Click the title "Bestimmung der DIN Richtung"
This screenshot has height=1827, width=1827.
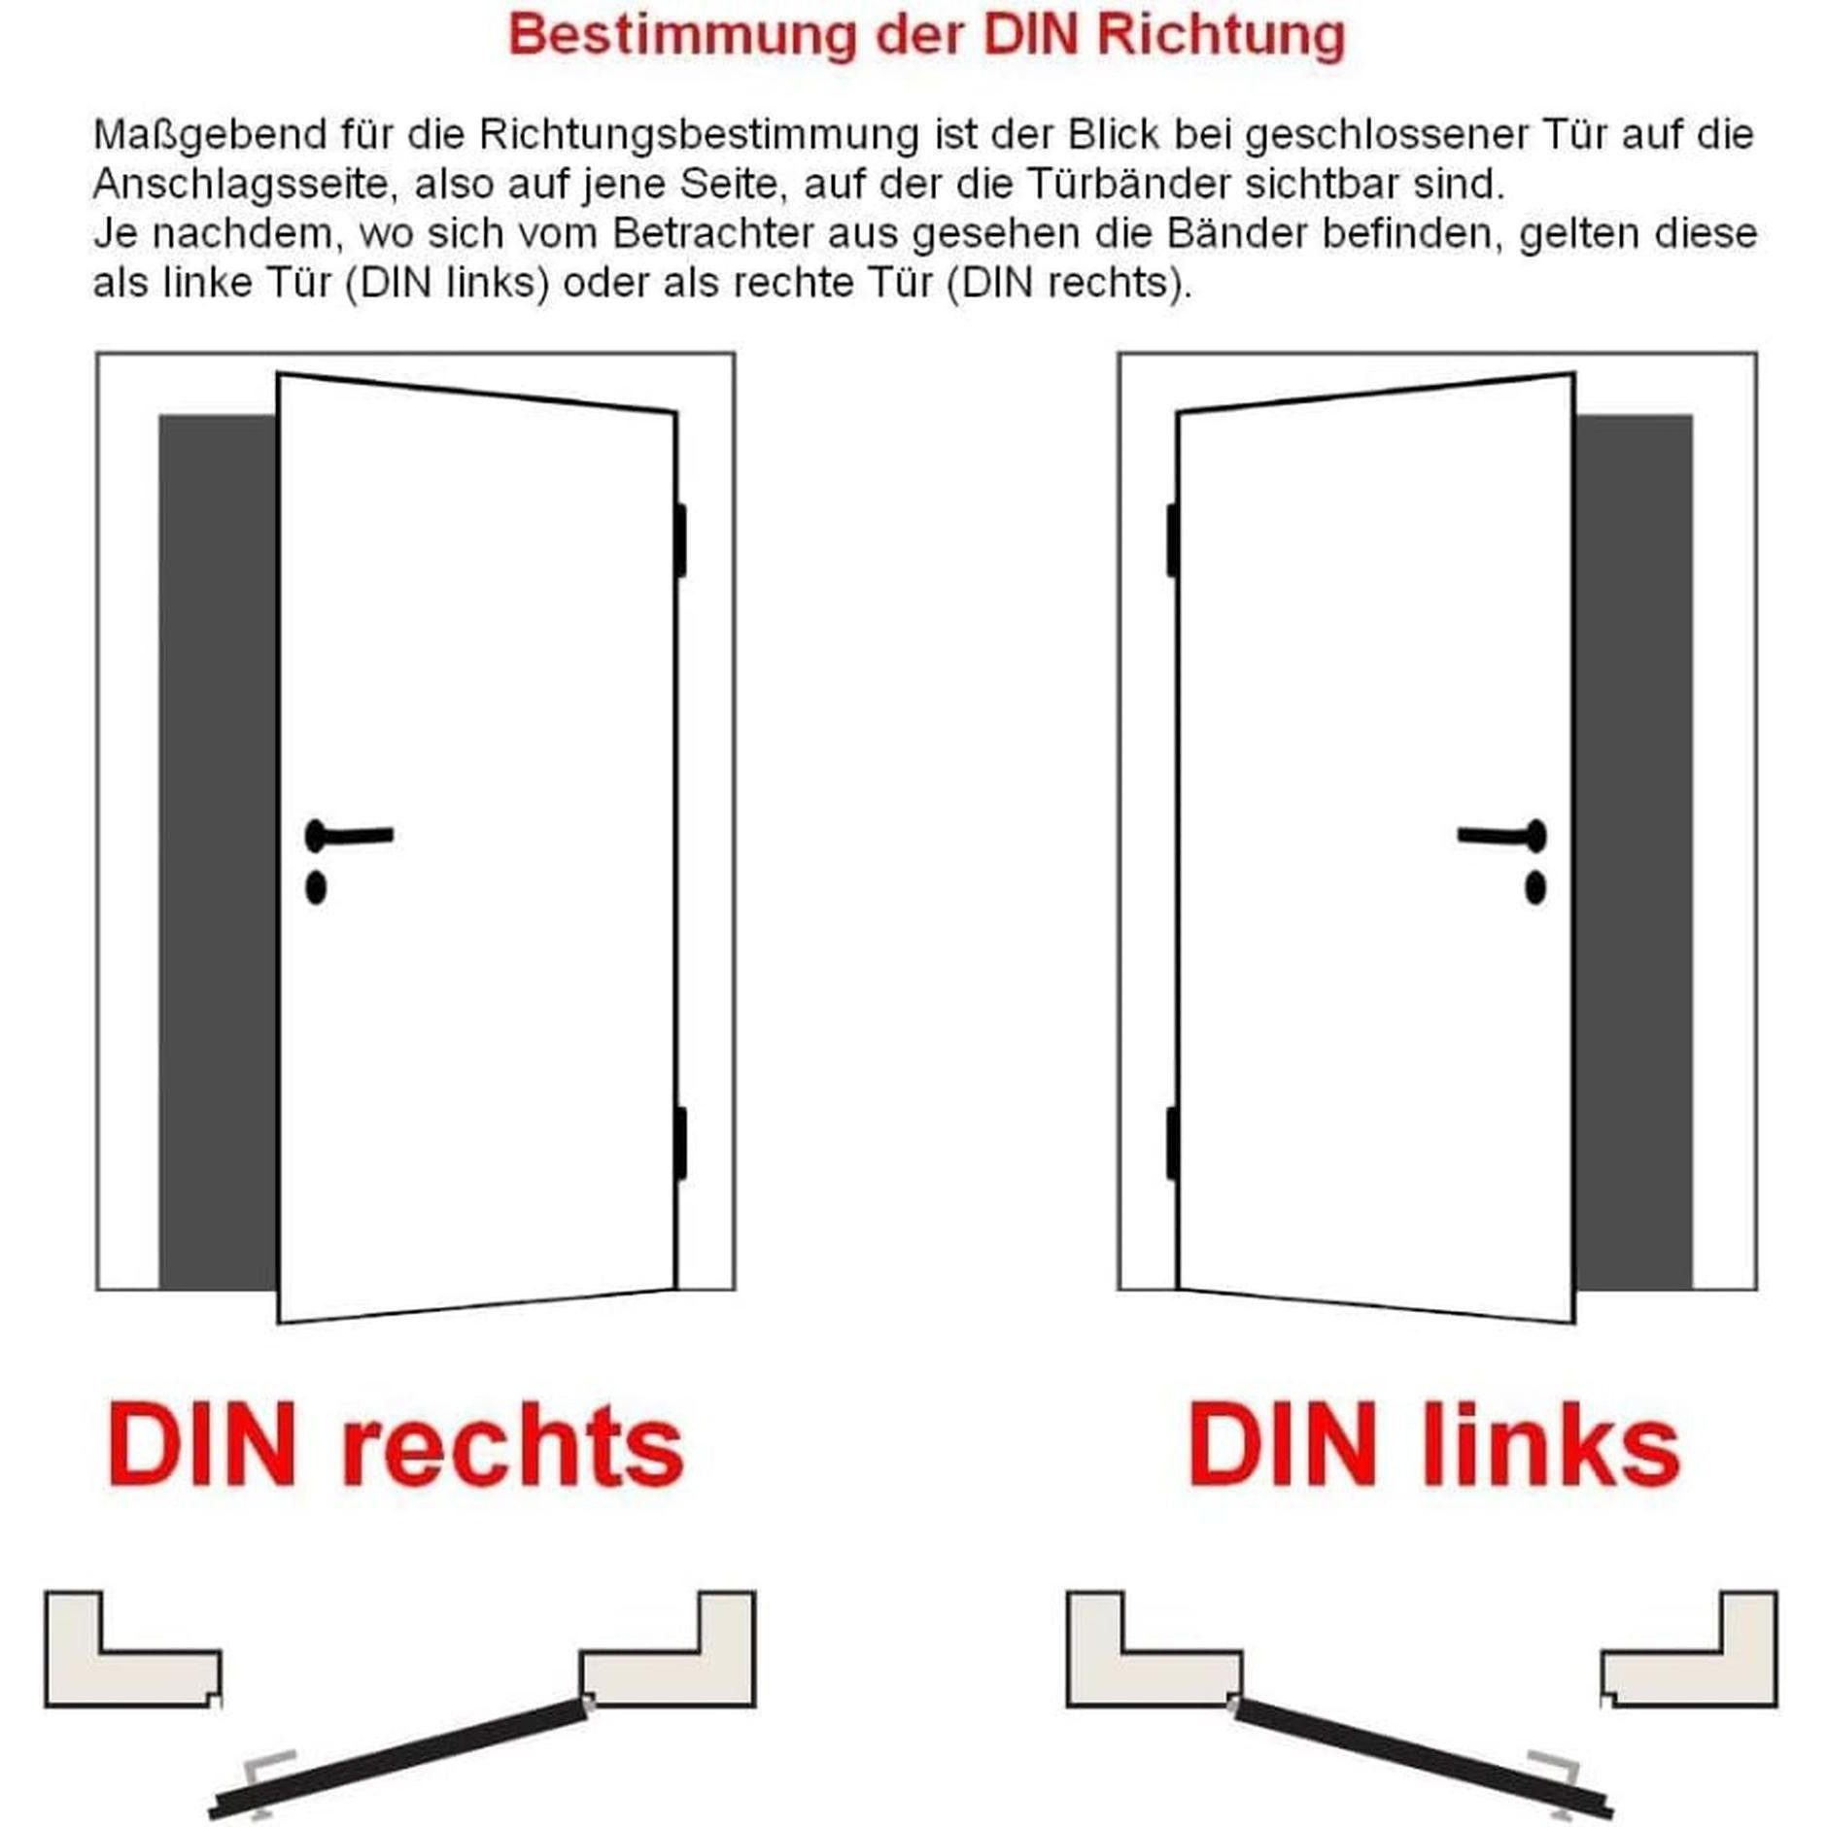(x=925, y=36)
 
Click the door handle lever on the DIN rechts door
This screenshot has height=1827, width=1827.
(x=356, y=835)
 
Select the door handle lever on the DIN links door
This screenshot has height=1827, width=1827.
(x=1497, y=835)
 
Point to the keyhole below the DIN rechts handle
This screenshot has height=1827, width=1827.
(x=316, y=887)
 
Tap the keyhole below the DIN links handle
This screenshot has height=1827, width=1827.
(x=1535, y=887)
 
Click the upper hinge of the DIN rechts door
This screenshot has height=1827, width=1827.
(x=680, y=540)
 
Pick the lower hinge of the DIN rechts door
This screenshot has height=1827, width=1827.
(x=680, y=1143)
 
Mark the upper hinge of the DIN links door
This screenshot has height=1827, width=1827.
(x=1173, y=540)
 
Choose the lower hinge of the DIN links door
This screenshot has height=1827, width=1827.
(x=1173, y=1143)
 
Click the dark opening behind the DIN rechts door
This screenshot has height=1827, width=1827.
(x=218, y=851)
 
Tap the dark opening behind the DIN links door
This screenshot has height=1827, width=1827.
(x=1633, y=851)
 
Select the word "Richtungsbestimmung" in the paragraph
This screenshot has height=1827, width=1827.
(x=698, y=135)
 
